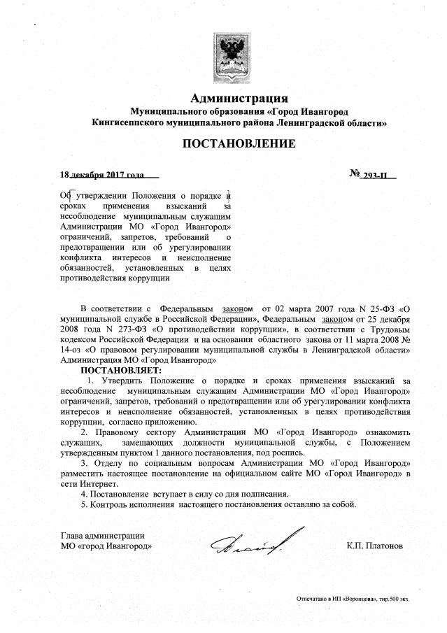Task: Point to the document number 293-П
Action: coord(376,174)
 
